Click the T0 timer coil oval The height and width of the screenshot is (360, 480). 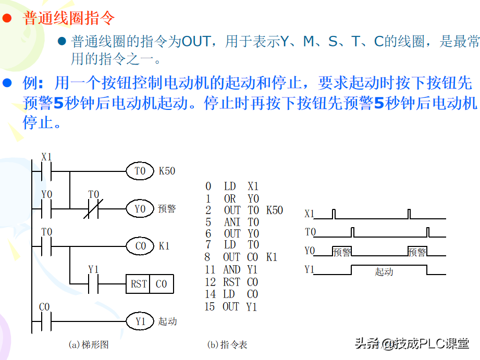coord(140,171)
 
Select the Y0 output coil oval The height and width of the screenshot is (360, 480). coord(140,209)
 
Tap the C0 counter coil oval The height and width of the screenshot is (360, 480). coord(140,246)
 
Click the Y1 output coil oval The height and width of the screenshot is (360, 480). coord(140,321)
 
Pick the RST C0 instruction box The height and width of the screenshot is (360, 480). coord(150,284)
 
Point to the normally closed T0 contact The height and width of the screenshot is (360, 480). coord(94,209)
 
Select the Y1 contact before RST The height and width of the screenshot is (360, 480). coord(94,284)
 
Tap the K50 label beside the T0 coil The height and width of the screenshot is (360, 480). coord(167,171)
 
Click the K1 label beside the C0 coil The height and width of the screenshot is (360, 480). coord(164,246)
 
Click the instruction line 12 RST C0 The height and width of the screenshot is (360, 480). coord(231,282)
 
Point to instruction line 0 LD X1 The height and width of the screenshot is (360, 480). coord(232,187)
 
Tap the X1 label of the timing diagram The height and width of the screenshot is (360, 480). coord(310,214)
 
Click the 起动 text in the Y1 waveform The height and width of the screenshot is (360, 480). coord(384,271)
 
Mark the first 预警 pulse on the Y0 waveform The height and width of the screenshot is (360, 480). coord(342,252)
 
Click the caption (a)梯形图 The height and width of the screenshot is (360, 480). coord(89,344)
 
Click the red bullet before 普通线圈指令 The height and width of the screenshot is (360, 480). coord(7,19)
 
